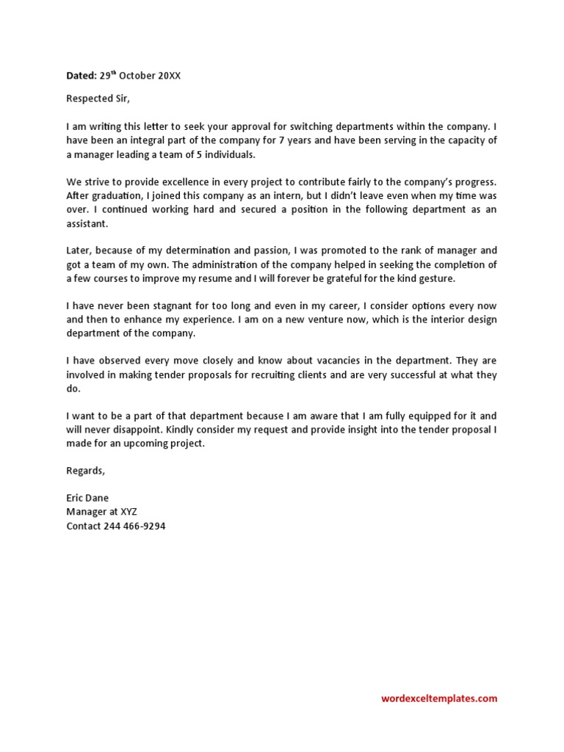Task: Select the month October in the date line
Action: (x=137, y=76)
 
